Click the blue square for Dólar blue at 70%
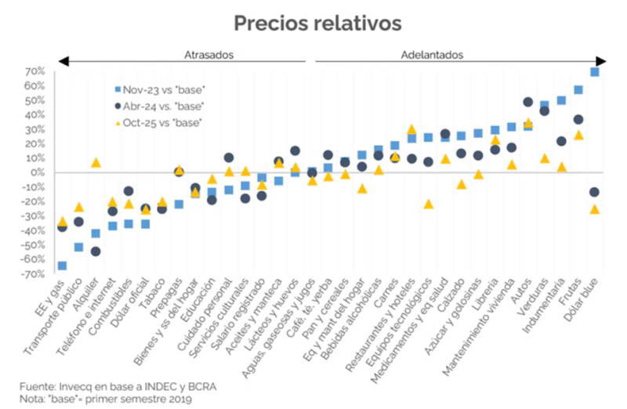tap(595, 72)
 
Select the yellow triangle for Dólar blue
tap(595, 209)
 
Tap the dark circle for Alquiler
tap(96, 252)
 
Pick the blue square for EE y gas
tap(62, 266)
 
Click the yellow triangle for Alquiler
tap(96, 162)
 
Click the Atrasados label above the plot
tap(208, 55)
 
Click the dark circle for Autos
tap(527, 103)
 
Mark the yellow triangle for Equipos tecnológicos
tap(428, 204)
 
